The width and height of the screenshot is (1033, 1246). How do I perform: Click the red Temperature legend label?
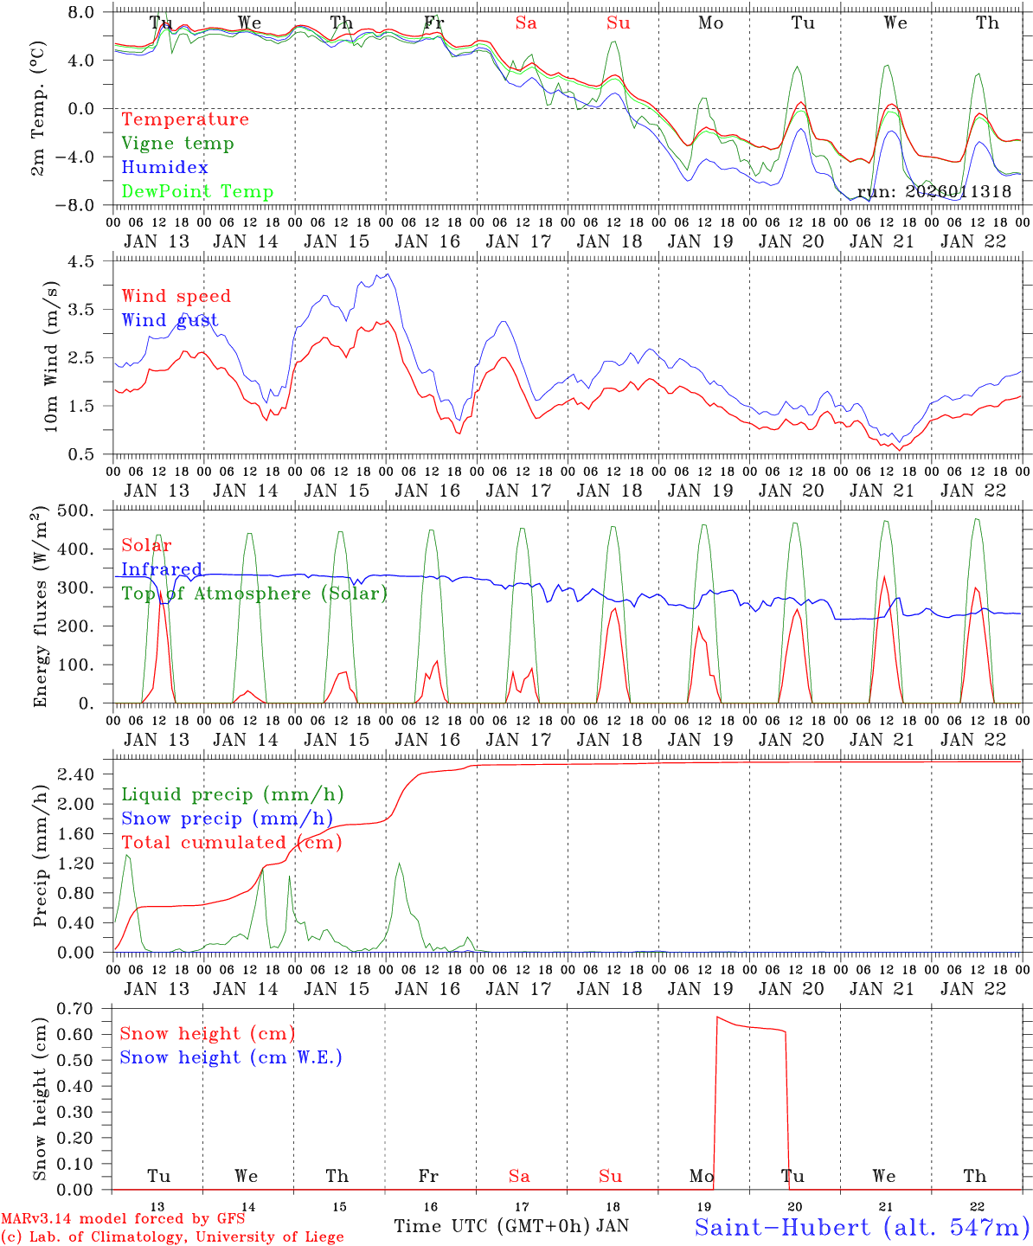point(184,119)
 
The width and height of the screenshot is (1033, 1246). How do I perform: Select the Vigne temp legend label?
point(177,144)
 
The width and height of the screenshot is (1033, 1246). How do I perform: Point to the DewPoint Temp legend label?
point(197,192)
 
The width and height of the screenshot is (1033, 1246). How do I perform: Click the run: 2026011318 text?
point(934,192)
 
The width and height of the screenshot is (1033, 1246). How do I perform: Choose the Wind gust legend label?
point(170,320)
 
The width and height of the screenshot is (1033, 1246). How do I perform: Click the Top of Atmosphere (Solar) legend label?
point(253,594)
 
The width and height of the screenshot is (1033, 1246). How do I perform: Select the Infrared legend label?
point(162,569)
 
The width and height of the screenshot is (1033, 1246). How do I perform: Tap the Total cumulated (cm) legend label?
point(231,843)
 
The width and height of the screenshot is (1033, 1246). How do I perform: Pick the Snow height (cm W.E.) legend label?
point(231,1057)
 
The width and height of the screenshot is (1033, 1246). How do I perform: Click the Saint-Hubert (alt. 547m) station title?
point(862,1227)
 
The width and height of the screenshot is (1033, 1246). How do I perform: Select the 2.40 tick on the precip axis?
point(83,774)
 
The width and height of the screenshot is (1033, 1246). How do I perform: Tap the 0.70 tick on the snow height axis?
point(83,1008)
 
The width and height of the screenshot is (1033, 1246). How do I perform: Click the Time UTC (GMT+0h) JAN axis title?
point(511,1226)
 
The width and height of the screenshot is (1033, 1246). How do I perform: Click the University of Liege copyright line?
point(172,1237)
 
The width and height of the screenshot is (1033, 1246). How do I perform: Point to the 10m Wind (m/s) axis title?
point(50,356)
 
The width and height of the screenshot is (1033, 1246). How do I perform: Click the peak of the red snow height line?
point(717,1018)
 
